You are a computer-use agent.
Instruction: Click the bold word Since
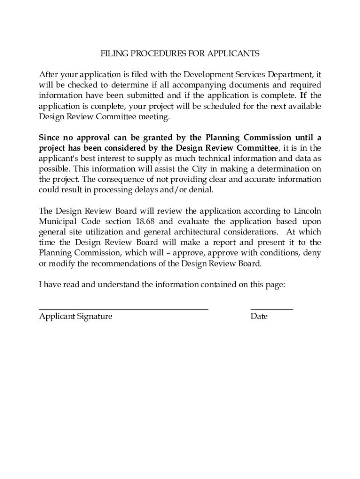(x=50, y=138)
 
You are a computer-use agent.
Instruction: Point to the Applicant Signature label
(x=76, y=317)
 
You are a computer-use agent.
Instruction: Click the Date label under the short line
(x=259, y=317)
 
